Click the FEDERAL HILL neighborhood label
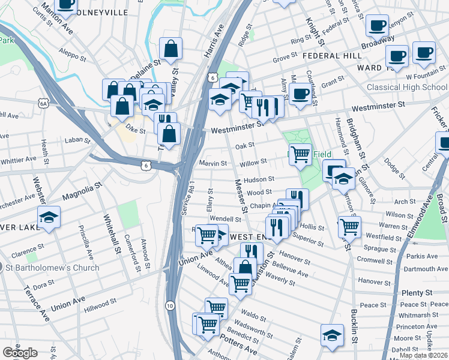pyautogui.click(x=331, y=56)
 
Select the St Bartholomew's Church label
pyautogui.click(x=53, y=267)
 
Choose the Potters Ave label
pyautogui.click(x=238, y=344)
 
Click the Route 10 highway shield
pyautogui.click(x=170, y=305)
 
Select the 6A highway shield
pyautogui.click(x=43, y=104)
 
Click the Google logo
pyautogui.click(x=20, y=353)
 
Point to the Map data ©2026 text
pyautogui.click(x=423, y=355)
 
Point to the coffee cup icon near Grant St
pyautogui.click(x=300, y=94)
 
